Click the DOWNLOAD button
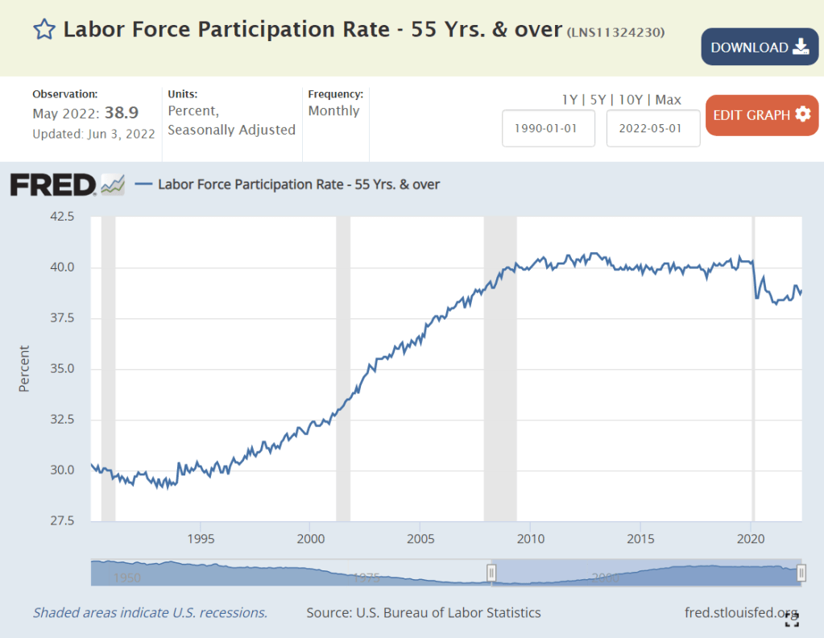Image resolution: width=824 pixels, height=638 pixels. tap(760, 47)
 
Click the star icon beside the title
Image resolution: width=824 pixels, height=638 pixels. tap(43, 30)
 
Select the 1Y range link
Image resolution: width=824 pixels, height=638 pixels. tap(569, 100)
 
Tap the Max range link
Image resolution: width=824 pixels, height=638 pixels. tap(668, 100)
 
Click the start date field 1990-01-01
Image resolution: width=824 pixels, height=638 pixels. tap(549, 129)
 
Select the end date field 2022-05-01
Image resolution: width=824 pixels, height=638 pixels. tap(653, 129)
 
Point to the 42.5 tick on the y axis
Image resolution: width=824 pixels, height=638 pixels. tap(61, 217)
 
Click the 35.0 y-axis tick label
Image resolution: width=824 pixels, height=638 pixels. tap(61, 369)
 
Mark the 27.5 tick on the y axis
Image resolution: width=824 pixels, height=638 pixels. tap(61, 521)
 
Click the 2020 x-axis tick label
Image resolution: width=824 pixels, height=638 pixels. tap(750, 538)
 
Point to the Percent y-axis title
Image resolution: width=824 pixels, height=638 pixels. tap(24, 369)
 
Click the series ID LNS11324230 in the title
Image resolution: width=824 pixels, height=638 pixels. tap(616, 32)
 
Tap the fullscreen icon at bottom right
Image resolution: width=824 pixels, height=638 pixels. tap(793, 618)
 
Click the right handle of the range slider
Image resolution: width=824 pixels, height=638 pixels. tap(801, 573)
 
